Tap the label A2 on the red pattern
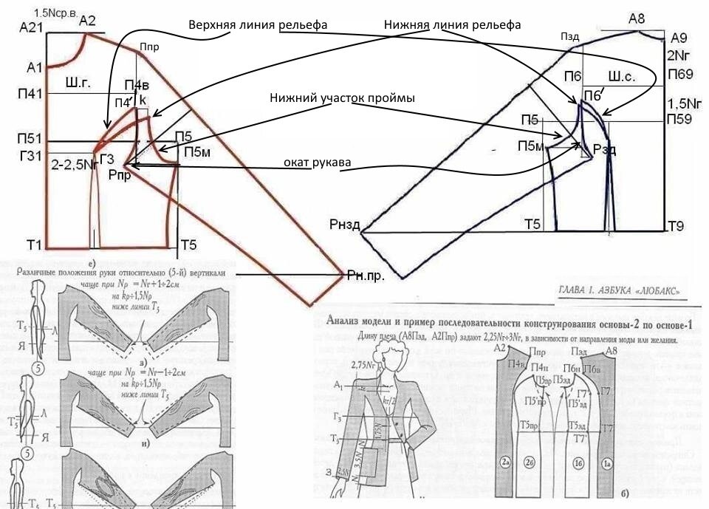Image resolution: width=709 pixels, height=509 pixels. click(x=87, y=21)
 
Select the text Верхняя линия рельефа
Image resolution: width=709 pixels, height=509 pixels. click(x=258, y=25)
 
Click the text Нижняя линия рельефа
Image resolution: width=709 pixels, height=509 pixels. click(x=453, y=25)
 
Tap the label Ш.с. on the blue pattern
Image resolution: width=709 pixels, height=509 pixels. click(x=621, y=77)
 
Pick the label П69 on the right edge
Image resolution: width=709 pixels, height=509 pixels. click(x=680, y=74)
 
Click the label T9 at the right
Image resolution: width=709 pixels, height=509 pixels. click(x=677, y=226)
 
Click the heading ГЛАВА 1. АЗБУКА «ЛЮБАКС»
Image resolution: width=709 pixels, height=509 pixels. click(x=619, y=290)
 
